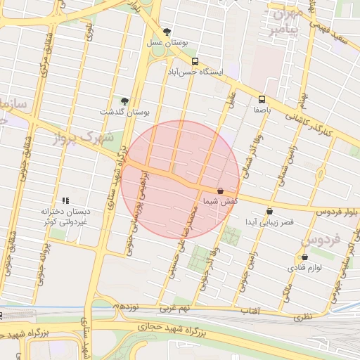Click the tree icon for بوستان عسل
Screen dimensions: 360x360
pyautogui.click(x=167, y=32)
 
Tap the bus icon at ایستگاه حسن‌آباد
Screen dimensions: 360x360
pyautogui.click(x=195, y=60)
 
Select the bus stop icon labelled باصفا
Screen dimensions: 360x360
pyautogui.click(x=262, y=99)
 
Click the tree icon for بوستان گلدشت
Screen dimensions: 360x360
pyautogui.click(x=124, y=101)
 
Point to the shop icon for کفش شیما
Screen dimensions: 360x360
pyautogui.click(x=221, y=191)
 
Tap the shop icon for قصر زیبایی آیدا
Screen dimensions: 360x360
pyautogui.click(x=269, y=211)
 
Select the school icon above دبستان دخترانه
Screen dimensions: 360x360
pyautogui.click(x=65, y=200)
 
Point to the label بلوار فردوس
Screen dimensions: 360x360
pyautogui.click(x=335, y=211)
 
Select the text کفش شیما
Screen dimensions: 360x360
pyautogui.click(x=219, y=202)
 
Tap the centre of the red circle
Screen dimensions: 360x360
pyautogui.click(x=181, y=179)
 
